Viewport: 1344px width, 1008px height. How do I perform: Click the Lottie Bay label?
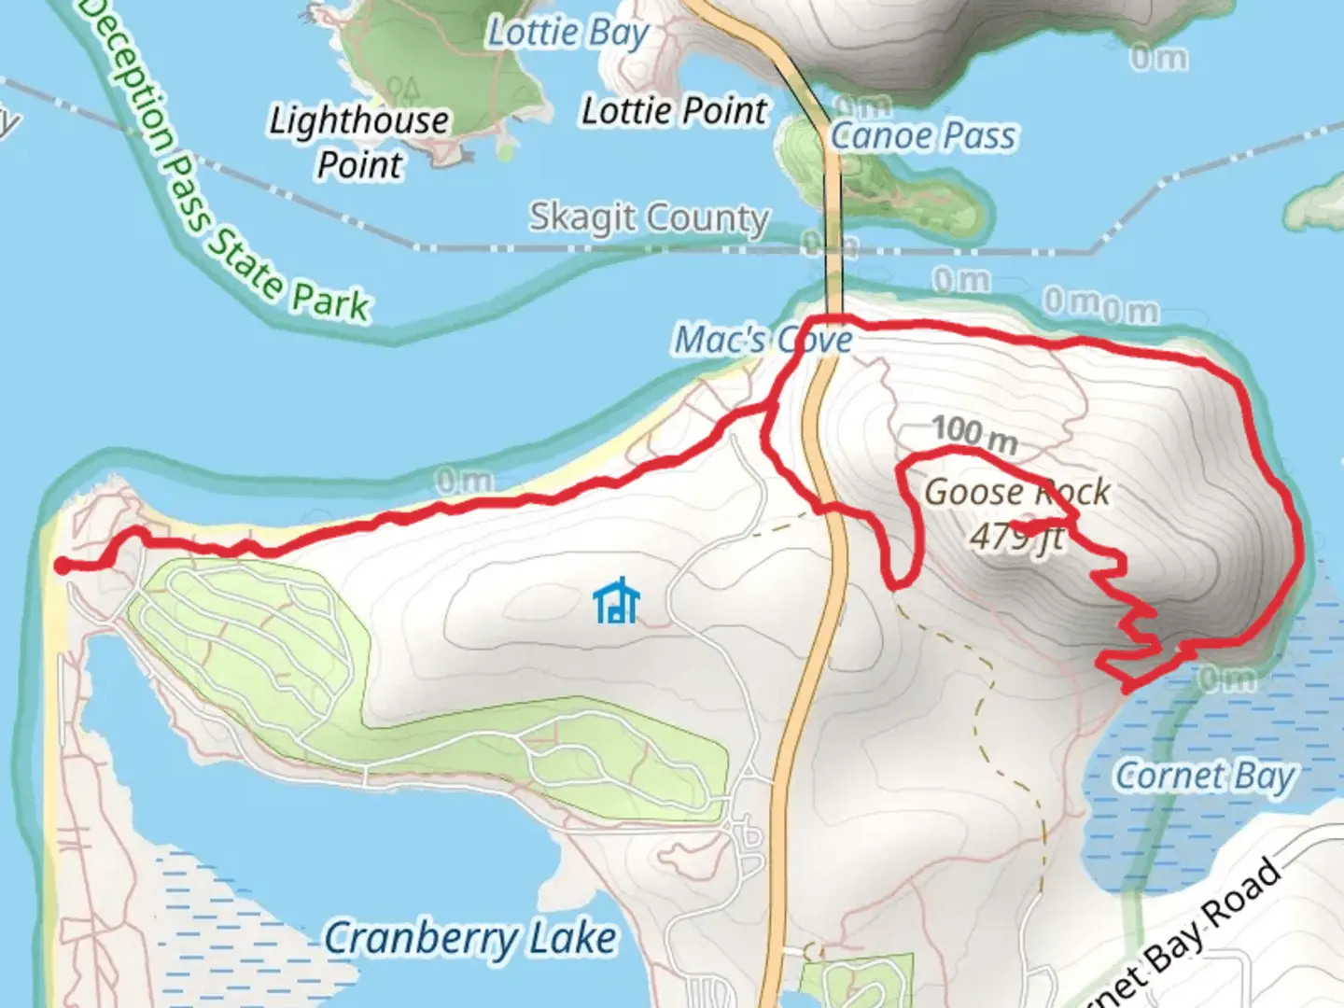[x=568, y=34]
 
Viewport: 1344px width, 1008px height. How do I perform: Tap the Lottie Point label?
[x=674, y=111]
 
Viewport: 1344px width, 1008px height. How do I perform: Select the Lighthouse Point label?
[x=359, y=142]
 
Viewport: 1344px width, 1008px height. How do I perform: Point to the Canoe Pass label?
[x=922, y=136]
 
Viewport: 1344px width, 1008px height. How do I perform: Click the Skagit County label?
[x=649, y=217]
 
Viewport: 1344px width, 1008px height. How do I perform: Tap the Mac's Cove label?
[x=763, y=340]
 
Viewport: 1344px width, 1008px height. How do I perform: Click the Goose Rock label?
[x=1017, y=491]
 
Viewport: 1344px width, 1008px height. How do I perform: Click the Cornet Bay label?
[x=1206, y=776]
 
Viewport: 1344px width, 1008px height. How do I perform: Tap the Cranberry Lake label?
[x=470, y=938]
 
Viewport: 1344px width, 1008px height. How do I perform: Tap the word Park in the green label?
[x=330, y=301]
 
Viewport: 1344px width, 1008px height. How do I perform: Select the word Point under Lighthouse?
[x=359, y=165]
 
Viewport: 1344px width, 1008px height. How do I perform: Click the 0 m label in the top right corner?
[x=1158, y=58]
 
